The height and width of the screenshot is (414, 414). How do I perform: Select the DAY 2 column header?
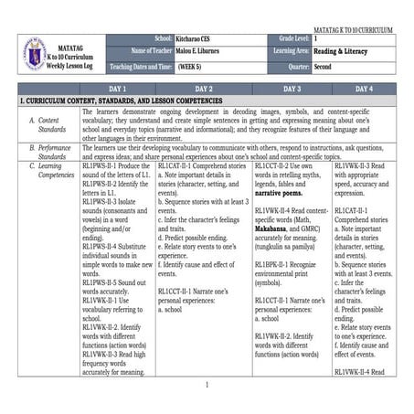click(204, 89)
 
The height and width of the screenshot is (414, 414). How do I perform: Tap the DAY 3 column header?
click(292, 89)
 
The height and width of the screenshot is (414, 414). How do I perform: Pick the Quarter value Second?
click(324, 67)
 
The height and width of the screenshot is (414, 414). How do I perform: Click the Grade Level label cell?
click(288, 39)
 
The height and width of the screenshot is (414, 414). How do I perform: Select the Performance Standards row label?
click(52, 150)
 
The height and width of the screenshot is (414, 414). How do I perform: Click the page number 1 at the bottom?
click(207, 384)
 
